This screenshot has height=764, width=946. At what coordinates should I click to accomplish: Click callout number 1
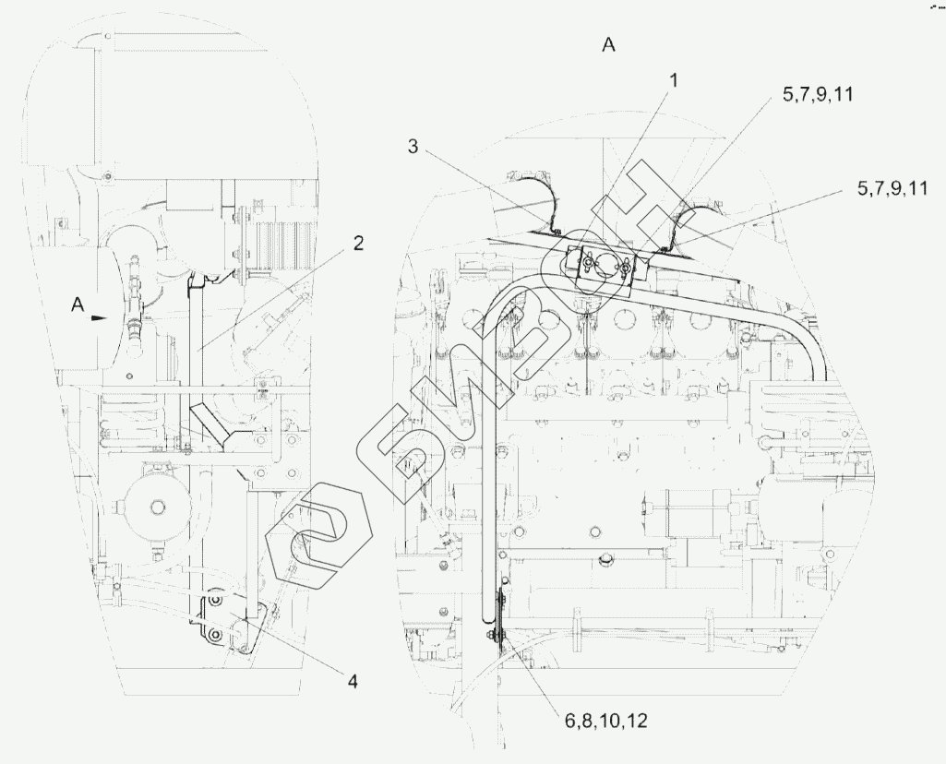pos(674,81)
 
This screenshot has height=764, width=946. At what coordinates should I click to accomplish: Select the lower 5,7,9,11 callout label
pos(892,188)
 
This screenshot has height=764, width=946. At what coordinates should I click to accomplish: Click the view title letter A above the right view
pos(609,45)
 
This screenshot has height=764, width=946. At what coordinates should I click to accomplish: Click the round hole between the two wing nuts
pos(606,261)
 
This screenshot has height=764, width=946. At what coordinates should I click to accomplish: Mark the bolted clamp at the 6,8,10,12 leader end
pos(499,630)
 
